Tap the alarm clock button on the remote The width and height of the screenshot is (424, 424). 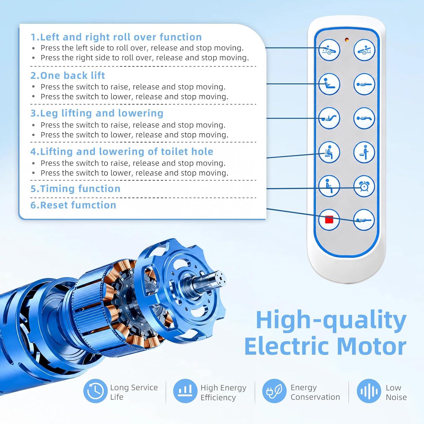(x=364, y=186)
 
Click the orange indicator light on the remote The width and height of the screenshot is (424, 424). (x=347, y=40)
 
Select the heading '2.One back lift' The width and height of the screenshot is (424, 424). (x=68, y=75)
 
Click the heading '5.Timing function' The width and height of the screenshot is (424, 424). (x=75, y=189)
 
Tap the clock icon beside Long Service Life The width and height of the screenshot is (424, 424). (x=95, y=391)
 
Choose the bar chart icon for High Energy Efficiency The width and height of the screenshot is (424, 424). (x=185, y=391)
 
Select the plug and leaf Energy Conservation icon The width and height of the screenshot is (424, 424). (x=274, y=391)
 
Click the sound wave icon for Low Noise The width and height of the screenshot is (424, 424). (x=369, y=391)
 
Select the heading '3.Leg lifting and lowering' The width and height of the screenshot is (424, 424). (x=97, y=113)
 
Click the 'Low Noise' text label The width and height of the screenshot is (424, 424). (x=396, y=392)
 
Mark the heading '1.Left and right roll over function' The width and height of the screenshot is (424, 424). (x=116, y=37)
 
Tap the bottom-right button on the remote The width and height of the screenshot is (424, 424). (x=364, y=220)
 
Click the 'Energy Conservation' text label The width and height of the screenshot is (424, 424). (x=315, y=392)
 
